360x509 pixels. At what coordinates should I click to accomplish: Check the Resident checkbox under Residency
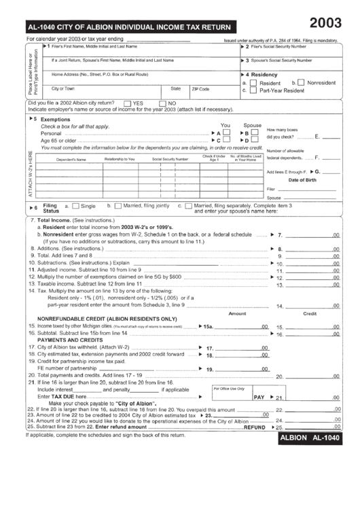[x=253, y=83]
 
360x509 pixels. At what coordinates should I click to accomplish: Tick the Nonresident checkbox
[x=301, y=83]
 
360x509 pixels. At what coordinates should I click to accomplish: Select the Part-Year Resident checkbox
[x=253, y=90]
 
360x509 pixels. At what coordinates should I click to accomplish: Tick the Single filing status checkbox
[x=76, y=205]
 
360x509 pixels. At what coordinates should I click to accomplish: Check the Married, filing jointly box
[x=118, y=205]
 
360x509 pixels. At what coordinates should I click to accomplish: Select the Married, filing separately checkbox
[x=188, y=205]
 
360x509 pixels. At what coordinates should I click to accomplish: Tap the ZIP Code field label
[x=200, y=89]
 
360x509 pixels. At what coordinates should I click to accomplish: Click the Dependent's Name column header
[x=71, y=159]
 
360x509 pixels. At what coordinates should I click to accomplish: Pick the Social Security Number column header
[x=170, y=159]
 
